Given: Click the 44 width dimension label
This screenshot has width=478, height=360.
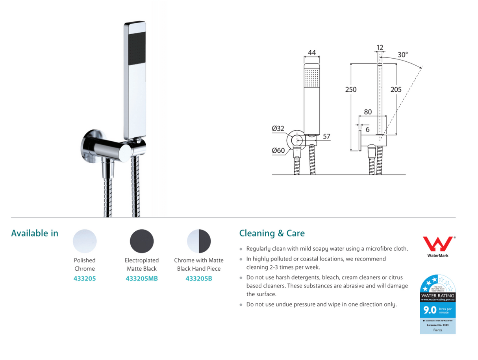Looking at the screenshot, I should coord(311,52).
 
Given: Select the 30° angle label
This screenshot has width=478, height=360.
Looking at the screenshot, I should coord(402,55).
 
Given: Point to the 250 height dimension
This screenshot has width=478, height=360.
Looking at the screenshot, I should coord(350,89).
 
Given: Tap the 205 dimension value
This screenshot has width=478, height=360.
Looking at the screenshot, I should coord(396,89).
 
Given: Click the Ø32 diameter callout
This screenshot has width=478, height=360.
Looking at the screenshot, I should coord(278,128).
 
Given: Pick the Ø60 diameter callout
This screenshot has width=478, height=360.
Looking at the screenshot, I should coord(278,150).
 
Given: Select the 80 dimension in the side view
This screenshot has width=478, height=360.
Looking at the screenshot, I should coord(368,112).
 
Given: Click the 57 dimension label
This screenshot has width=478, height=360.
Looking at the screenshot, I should coord(326,137).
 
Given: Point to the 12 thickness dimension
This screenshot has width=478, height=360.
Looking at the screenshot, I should coord(380,48).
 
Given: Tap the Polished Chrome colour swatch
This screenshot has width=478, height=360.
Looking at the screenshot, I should coord(85,241).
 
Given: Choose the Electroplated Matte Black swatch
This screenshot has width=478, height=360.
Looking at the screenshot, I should coord(142,241).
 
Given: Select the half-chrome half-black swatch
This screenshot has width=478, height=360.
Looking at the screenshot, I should coord(199,241).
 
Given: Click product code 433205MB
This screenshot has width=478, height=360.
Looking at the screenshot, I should coord(142,279).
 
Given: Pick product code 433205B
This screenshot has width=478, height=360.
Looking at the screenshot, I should coord(199,279).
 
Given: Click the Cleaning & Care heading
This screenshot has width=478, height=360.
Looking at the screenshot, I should coord(272,233).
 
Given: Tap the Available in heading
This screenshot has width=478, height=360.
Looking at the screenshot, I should coord(35,233).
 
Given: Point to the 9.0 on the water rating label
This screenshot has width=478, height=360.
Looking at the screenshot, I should coord(429,310).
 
